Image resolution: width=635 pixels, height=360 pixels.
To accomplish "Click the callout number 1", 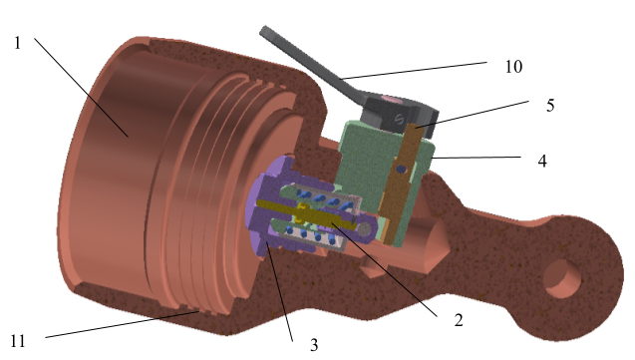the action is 17,43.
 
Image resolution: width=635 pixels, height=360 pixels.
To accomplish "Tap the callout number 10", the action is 513,67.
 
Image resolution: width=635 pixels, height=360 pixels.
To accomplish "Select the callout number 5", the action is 550,106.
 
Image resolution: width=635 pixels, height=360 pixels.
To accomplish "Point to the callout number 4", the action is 542,162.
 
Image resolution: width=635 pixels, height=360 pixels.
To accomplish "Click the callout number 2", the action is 459,320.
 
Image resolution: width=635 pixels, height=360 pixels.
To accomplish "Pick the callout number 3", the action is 314,345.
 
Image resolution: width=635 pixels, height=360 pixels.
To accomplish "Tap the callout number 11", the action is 17,341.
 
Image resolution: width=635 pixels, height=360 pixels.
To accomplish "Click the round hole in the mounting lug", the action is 562,279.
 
